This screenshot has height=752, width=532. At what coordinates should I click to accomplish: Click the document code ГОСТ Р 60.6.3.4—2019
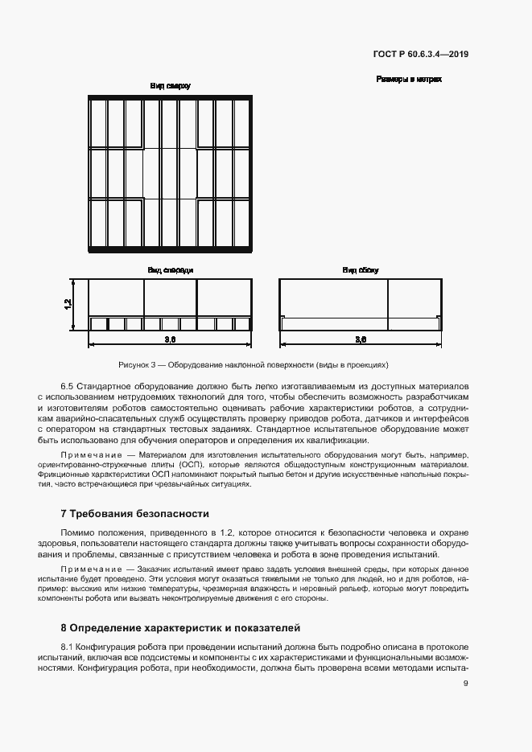(x=421, y=55)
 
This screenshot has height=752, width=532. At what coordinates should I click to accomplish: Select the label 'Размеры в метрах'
(x=409, y=80)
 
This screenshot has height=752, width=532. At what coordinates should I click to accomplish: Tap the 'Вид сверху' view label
(x=170, y=85)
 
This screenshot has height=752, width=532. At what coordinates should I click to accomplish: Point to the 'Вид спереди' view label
(x=169, y=270)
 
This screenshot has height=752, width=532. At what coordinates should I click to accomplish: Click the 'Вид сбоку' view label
(x=360, y=270)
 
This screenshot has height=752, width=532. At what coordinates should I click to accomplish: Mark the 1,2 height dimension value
(x=68, y=304)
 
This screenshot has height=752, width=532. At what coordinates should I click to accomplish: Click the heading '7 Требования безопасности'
(x=134, y=513)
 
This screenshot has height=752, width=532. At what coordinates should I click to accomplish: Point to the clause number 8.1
(x=68, y=647)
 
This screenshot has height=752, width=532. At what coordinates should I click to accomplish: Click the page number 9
(x=466, y=684)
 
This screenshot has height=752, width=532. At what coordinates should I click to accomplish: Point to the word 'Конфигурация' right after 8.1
(x=112, y=647)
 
